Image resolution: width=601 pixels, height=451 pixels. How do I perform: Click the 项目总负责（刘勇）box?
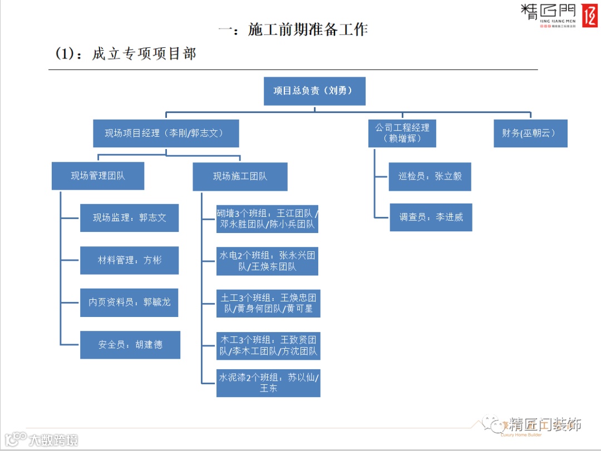(314, 91)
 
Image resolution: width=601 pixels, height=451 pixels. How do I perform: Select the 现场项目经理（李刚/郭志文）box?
(166, 133)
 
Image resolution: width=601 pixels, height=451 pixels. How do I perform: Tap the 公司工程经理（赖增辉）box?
(402, 133)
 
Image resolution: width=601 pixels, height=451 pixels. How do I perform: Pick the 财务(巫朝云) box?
(530, 133)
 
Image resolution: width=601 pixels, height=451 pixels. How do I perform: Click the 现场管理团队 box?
(98, 176)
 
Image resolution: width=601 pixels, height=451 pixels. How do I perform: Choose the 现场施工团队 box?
(240, 176)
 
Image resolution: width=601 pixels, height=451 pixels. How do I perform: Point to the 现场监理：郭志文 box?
(129, 217)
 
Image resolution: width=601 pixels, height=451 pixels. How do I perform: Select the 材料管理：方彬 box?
(129, 260)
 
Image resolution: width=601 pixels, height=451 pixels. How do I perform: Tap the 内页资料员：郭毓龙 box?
(129, 303)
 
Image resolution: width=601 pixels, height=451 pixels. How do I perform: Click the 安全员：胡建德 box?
(130, 345)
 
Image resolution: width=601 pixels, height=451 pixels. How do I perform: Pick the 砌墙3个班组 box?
(268, 219)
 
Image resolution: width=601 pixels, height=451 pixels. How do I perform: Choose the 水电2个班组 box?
(268, 261)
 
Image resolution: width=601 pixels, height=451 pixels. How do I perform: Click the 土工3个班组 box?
(268, 303)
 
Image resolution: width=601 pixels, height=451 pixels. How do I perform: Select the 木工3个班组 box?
(268, 345)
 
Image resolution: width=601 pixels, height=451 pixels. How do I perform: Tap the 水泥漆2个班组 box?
(268, 383)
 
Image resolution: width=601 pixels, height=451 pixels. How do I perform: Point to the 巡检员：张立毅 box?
(430, 177)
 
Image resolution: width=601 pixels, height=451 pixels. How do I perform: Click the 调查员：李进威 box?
(431, 217)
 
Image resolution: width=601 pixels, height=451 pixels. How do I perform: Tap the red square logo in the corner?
(589, 16)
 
